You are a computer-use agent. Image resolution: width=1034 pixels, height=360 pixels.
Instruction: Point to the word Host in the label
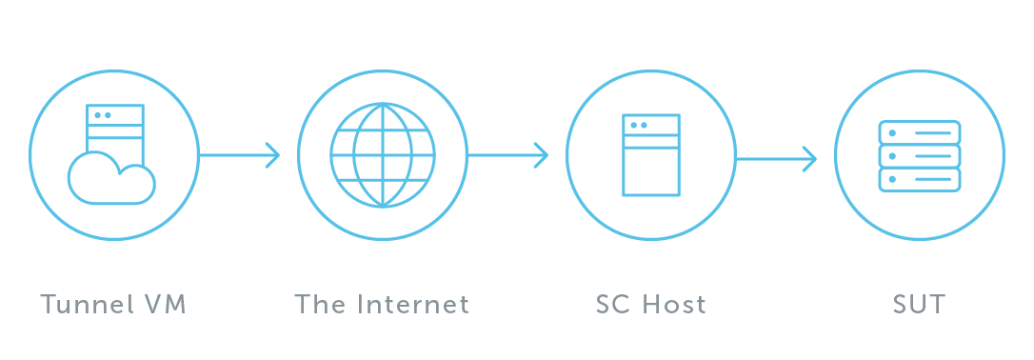click(674, 306)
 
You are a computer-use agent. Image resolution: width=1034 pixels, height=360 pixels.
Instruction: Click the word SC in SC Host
click(614, 306)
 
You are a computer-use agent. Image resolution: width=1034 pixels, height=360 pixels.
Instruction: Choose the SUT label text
click(919, 306)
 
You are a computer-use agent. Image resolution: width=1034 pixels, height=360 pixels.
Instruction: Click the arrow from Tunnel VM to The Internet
click(238, 155)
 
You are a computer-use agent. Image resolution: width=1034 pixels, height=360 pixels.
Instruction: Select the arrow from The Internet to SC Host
click(507, 155)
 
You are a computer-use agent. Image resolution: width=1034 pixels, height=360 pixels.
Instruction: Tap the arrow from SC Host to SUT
click(775, 159)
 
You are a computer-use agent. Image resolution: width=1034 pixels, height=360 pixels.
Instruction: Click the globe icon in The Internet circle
click(383, 155)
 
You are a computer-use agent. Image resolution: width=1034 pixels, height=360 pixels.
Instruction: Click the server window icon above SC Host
click(651, 155)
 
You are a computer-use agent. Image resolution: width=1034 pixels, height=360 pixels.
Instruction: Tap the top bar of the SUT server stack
click(920, 132)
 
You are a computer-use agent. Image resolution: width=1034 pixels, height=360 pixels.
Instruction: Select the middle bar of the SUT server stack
click(920, 155)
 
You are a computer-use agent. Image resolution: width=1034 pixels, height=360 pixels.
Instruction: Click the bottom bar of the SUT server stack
click(920, 179)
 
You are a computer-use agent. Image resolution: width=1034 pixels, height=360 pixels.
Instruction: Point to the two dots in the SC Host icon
click(639, 125)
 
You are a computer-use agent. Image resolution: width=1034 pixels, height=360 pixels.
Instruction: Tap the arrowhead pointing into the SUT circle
click(810, 159)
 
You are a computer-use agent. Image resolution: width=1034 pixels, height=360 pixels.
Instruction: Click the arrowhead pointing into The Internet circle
click(273, 155)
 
